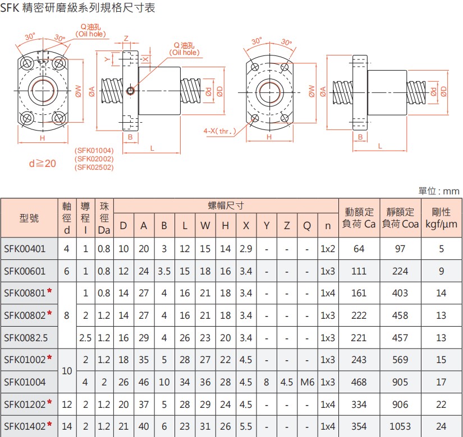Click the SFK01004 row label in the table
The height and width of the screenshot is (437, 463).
tap(25, 382)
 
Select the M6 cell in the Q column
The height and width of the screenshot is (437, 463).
tap(307, 382)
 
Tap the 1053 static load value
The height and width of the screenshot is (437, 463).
tap(400, 426)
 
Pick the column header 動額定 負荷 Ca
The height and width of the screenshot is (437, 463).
tap(359, 218)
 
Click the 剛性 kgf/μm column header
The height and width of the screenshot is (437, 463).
tap(441, 218)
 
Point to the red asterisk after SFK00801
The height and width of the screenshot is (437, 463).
tap(49, 292)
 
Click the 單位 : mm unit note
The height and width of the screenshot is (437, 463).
tap(439, 191)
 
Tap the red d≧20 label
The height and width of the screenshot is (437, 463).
tap(43, 164)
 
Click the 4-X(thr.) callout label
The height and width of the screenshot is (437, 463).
tap(219, 131)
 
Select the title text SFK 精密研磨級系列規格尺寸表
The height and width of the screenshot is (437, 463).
tap(78, 8)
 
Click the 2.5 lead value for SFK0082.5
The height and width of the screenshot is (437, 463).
tap(85, 337)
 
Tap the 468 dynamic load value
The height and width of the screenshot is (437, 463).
tap(359, 382)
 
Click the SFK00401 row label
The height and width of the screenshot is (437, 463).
tap(25, 248)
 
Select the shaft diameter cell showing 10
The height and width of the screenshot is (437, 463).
tap(67, 370)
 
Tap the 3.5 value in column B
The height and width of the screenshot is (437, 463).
tap(164, 271)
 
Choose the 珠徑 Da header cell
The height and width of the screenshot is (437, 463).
tap(104, 218)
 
